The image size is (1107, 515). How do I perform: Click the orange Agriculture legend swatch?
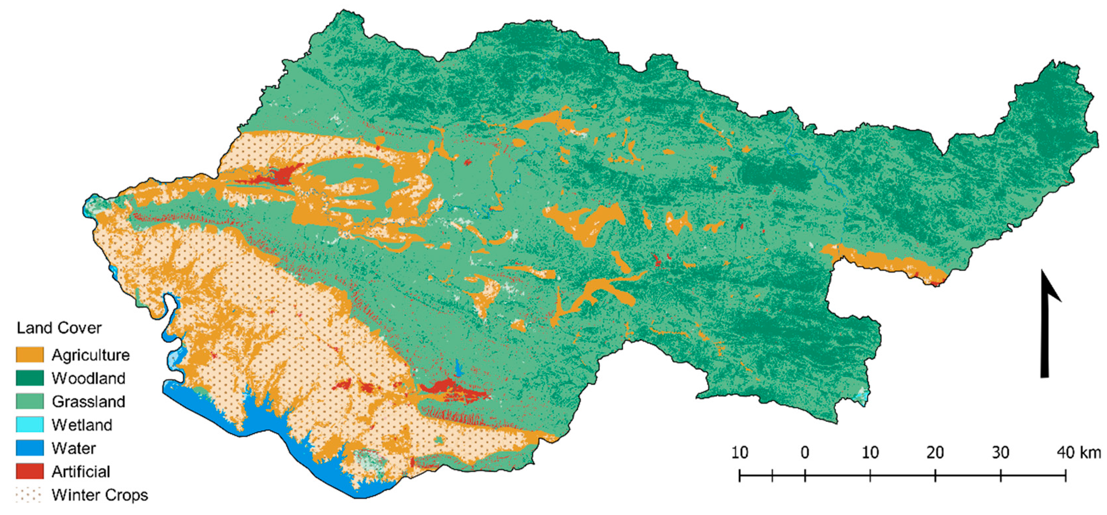pyautogui.click(x=30, y=355)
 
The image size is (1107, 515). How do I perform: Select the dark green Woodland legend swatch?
pyautogui.click(x=30, y=378)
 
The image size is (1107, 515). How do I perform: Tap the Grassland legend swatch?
pyautogui.click(x=30, y=401)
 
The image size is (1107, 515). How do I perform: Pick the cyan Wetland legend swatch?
pyautogui.click(x=30, y=424)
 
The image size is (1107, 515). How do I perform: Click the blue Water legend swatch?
pyautogui.click(x=30, y=448)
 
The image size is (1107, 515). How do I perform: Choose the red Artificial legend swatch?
pyautogui.click(x=30, y=471)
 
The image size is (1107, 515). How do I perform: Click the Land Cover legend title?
pyautogui.click(x=59, y=328)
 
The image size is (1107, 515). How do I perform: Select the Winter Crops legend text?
pyautogui.click(x=100, y=495)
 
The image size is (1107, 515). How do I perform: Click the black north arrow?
pyautogui.click(x=1047, y=326)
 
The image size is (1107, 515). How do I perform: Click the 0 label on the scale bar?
pyautogui.click(x=805, y=452)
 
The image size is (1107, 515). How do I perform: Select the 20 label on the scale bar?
pyautogui.click(x=935, y=452)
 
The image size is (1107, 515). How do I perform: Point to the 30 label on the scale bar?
pyautogui.click(x=1000, y=452)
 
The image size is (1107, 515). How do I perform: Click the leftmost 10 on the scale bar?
pyautogui.click(x=740, y=452)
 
